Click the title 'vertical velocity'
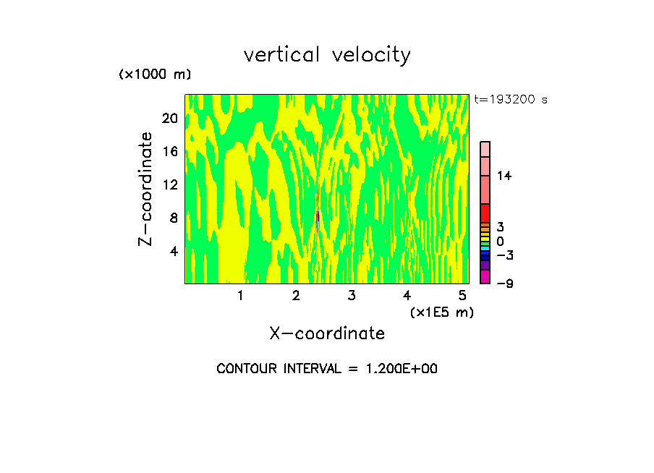[327, 55]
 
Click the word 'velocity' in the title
[371, 55]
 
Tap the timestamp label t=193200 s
[510, 100]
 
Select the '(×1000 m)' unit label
[154, 74]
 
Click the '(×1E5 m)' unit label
[441, 312]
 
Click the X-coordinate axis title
[327, 333]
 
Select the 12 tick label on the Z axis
[169, 184]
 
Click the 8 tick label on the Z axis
[174, 218]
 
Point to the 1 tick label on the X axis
[240, 296]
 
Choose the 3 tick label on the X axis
[351, 296]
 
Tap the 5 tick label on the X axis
[462, 296]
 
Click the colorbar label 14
[504, 176]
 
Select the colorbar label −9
[504, 284]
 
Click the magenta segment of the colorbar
[485, 276]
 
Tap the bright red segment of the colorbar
[485, 213]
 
